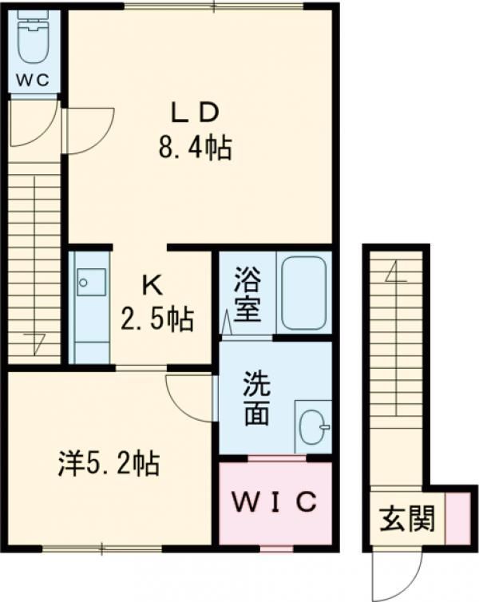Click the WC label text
[x=33, y=80]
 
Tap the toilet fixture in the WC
[x=34, y=38]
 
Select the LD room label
[x=195, y=113]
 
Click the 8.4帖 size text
[x=196, y=148]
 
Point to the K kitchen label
[x=152, y=285]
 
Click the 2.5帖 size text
[x=157, y=319]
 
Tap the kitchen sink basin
[x=91, y=282]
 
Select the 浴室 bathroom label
[x=247, y=294]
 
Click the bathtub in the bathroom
[x=303, y=293]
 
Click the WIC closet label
[x=275, y=501]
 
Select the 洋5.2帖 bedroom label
[x=109, y=464]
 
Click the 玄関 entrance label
[x=407, y=518]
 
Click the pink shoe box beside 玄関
[x=458, y=518]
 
